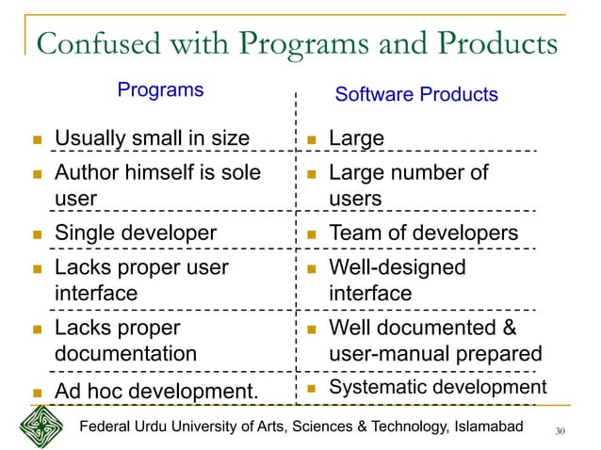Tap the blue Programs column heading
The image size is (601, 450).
coord(160,90)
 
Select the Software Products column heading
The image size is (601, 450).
coord(416,95)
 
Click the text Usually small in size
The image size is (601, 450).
coord(152,139)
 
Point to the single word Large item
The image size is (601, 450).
coord(356,139)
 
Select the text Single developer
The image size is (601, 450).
coord(136,233)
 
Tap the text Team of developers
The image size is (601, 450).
coord(423,233)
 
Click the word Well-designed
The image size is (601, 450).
coord(397,267)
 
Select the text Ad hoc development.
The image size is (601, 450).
coord(155,391)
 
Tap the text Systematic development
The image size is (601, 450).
coord(437,388)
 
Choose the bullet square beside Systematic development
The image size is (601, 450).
coord(312,389)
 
